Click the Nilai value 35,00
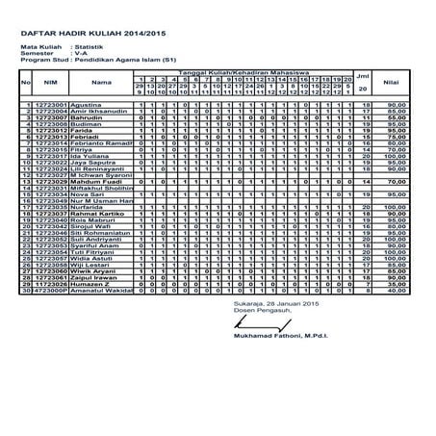391,286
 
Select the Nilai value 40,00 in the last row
391,293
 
